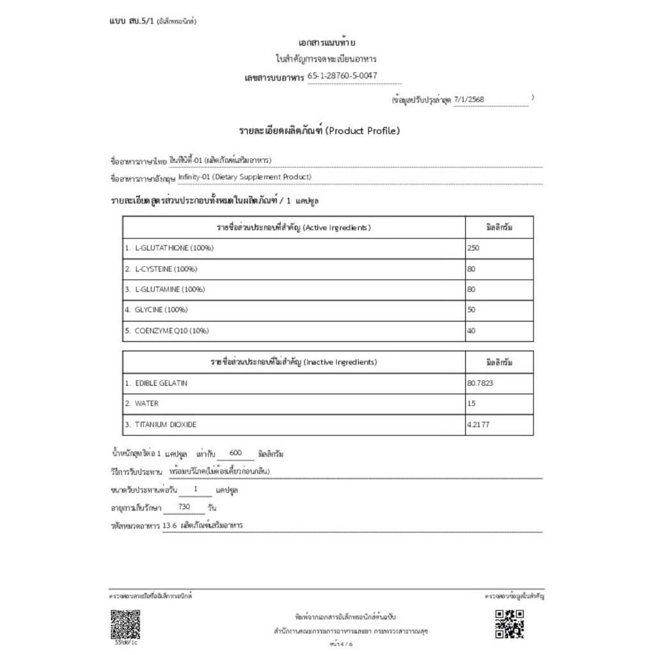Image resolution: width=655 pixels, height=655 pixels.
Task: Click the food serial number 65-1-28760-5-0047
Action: [x=342, y=76]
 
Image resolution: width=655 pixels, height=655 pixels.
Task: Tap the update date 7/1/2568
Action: [x=470, y=100]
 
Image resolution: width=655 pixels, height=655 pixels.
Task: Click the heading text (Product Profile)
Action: [x=363, y=131]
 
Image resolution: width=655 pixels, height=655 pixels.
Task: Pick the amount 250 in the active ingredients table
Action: [x=473, y=248]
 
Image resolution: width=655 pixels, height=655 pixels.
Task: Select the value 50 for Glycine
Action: [x=471, y=310]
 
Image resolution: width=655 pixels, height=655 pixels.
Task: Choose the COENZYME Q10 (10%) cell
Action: [x=171, y=331]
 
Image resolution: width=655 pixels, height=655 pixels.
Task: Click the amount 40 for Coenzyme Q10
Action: [x=471, y=331]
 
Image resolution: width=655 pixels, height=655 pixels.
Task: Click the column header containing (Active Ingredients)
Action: [x=294, y=227]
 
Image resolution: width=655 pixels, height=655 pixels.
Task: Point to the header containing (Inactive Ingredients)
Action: [x=294, y=363]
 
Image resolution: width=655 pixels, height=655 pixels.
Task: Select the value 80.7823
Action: [x=480, y=383]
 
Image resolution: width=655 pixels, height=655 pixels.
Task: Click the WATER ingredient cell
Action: [x=146, y=404]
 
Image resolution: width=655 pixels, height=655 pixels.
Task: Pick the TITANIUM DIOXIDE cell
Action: [x=166, y=425]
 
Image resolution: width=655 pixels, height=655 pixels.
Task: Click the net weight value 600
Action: [x=234, y=453]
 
